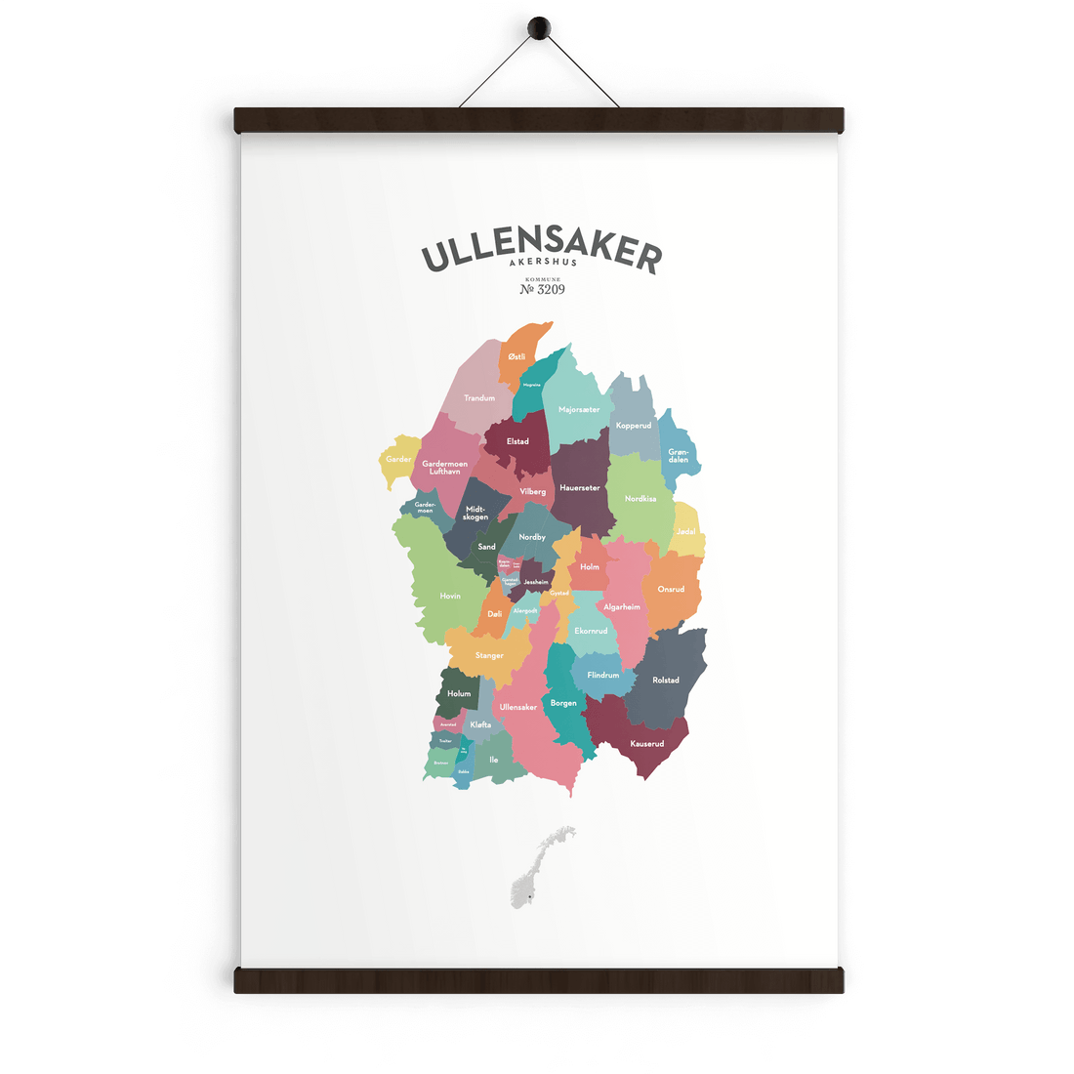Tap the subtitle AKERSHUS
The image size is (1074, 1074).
pos(543,263)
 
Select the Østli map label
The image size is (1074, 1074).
pos(516,357)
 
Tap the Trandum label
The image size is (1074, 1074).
pos(479,398)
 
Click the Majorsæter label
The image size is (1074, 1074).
pos(579,410)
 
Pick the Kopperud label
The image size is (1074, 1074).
pos(634,426)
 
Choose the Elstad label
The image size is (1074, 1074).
pos(517,441)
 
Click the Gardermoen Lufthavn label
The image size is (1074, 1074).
pos(444,468)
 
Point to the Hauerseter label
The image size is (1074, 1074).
pos(580,488)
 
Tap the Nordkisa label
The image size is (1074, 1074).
pos(640,499)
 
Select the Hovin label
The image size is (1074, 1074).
pos(450,596)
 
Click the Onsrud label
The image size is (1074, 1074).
pos(671,590)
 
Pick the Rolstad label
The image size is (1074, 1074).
pos(666,681)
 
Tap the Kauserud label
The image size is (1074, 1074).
pos(646,744)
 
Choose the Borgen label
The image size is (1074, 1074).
pos(563,703)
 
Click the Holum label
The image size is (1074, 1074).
pos(459,694)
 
